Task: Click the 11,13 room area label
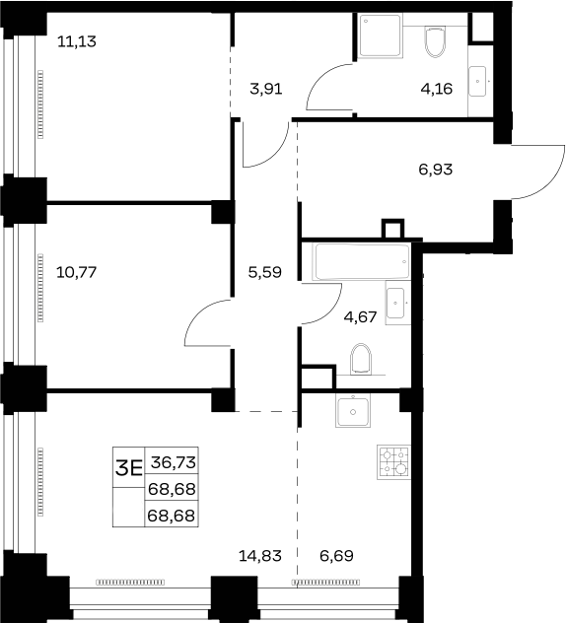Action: click(x=77, y=41)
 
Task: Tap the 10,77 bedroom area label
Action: click(x=77, y=272)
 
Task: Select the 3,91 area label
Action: click(x=266, y=89)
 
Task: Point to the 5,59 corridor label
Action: click(x=264, y=272)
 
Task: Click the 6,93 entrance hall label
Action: click(x=436, y=170)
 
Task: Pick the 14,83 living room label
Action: click(x=260, y=555)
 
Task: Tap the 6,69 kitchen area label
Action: click(x=336, y=555)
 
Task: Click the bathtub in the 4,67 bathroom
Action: click(x=361, y=262)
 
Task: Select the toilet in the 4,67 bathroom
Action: click(x=361, y=359)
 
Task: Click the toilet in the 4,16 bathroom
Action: click(x=435, y=41)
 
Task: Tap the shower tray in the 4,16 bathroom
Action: click(x=381, y=35)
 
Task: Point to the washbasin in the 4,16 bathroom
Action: click(x=477, y=82)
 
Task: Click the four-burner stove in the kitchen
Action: click(x=393, y=462)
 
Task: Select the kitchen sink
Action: click(x=353, y=411)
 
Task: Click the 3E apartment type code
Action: click(x=129, y=468)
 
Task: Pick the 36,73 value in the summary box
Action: click(x=174, y=462)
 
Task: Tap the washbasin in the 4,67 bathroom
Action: click(x=395, y=303)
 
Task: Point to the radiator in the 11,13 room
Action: click(x=40, y=104)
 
